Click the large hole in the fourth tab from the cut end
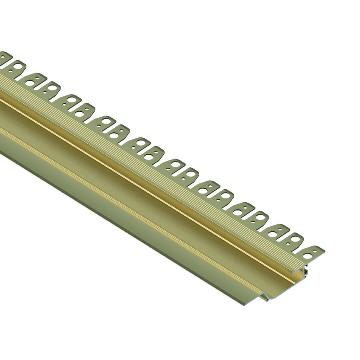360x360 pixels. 260,219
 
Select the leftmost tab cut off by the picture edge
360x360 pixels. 5,58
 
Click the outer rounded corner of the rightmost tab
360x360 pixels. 322,249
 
